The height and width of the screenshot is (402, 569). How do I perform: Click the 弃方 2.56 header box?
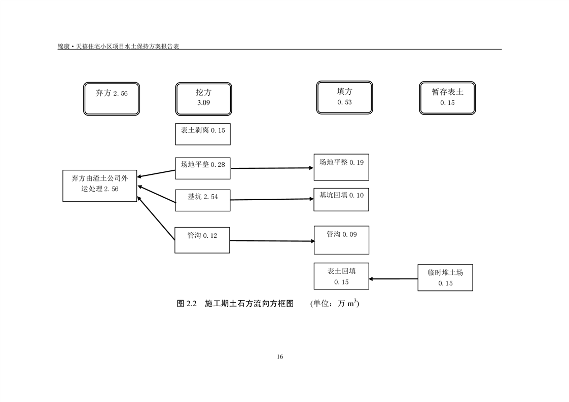tap(112, 99)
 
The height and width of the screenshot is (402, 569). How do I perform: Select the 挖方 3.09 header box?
tap(203, 99)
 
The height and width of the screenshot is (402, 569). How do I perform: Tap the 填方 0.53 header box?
tap(344, 97)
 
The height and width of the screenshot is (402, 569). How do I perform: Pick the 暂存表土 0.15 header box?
tap(447, 98)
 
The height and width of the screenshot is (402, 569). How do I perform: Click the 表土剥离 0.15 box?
tap(202, 134)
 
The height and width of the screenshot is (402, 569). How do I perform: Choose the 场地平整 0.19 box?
tap(341, 167)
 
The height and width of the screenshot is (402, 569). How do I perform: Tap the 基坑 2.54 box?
tap(202, 200)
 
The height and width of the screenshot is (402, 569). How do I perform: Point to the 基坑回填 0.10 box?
tap(341, 199)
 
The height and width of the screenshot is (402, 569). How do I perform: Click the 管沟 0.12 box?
tap(202, 240)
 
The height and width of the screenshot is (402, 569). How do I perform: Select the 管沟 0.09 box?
tap(341, 240)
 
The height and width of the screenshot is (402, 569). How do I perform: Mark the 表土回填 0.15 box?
tap(341, 276)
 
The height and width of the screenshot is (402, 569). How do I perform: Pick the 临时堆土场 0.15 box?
tap(445, 278)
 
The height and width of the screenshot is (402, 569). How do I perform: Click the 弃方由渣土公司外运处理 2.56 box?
tap(100, 186)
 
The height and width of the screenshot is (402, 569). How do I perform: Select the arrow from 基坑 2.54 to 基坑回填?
tap(272, 200)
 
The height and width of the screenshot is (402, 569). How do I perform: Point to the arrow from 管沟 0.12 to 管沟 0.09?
tap(272, 241)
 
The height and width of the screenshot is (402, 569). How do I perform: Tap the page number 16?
tap(280, 356)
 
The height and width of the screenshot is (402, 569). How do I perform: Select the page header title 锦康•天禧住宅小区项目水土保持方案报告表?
tap(119, 46)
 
